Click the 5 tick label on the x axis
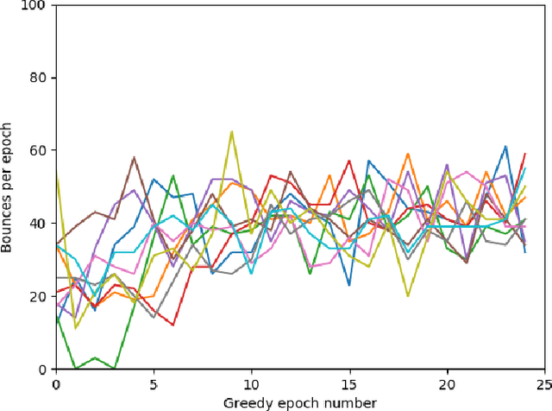(154, 383)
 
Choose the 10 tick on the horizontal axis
(251, 383)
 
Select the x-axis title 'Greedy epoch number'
(300, 402)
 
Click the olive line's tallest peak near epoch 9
(232, 132)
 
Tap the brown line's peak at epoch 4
(135, 158)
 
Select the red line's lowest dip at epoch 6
(173, 326)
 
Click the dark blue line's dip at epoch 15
(349, 285)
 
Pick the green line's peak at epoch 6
(173, 176)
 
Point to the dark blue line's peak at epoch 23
(506, 147)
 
